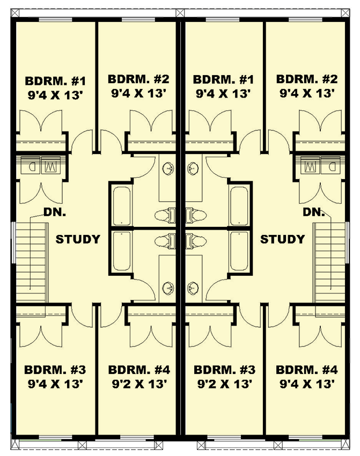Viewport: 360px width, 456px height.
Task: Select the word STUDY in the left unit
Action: click(x=78, y=239)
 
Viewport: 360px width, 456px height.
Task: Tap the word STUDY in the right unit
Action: click(x=282, y=239)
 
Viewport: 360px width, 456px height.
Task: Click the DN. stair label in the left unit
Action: click(x=55, y=212)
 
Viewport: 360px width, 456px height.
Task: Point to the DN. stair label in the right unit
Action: click(x=314, y=212)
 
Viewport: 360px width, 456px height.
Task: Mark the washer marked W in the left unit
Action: click(x=51, y=165)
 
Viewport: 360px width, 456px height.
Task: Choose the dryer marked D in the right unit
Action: click(x=330, y=165)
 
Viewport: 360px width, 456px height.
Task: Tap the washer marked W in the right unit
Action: click(x=310, y=165)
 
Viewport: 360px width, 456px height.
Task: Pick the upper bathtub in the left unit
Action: click(x=122, y=206)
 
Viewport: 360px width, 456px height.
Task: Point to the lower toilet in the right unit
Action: click(x=196, y=241)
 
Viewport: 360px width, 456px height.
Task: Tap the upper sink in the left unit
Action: click(x=168, y=168)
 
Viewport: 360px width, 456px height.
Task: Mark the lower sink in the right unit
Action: click(x=193, y=288)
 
